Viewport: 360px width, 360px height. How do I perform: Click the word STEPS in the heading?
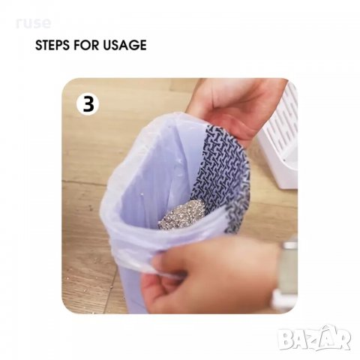coord(52,45)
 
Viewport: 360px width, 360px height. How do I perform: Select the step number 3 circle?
coord(88,104)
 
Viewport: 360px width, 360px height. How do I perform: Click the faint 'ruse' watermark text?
coord(33,23)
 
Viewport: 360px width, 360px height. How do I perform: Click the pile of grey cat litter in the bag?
coord(182,214)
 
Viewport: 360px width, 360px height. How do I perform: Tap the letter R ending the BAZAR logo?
coord(343,340)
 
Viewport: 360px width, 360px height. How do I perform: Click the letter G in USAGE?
coord(132,45)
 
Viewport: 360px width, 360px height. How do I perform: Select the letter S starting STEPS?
coord(39,45)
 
